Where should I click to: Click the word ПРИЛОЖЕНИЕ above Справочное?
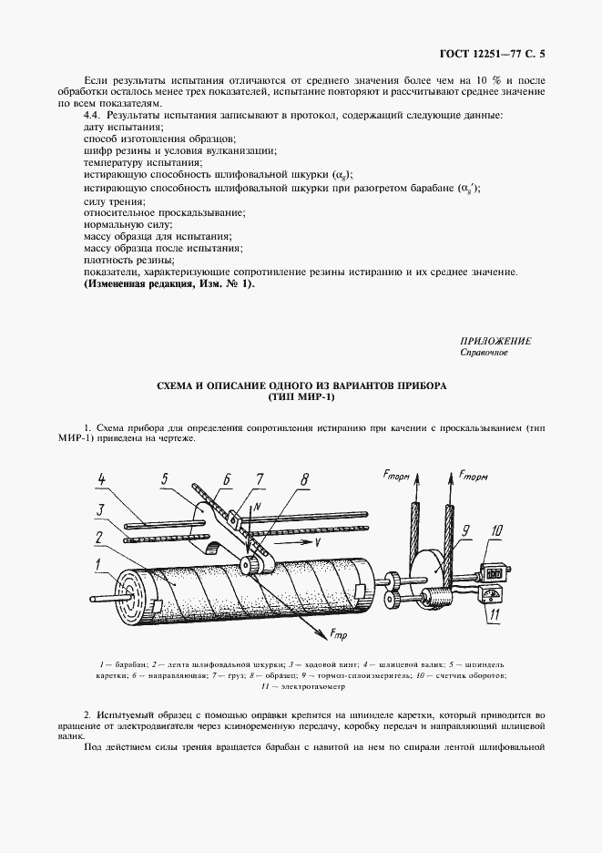coord(496,340)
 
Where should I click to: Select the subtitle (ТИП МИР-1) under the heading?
coord(301,398)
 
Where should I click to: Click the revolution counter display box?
coord(493,574)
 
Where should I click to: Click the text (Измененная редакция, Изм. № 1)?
coord(169,283)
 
